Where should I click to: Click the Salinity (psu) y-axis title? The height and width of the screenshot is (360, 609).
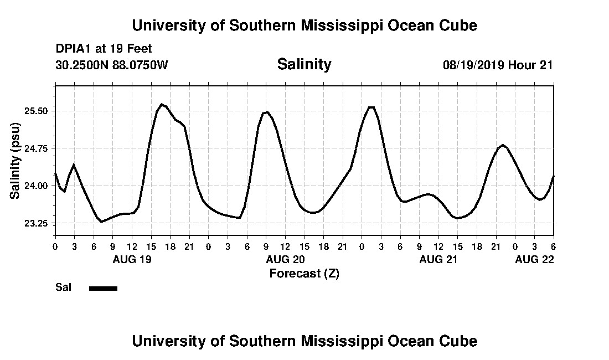[x=15, y=160]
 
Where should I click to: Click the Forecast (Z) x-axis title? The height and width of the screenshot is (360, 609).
[x=304, y=273]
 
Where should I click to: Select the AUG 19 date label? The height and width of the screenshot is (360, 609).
[x=132, y=259]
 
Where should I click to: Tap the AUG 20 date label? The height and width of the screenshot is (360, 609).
[x=285, y=259]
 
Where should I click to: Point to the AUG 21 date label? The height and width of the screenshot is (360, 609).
[x=438, y=259]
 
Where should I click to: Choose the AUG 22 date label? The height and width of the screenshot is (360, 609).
[x=534, y=259]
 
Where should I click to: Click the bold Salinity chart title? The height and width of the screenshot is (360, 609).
[x=304, y=64]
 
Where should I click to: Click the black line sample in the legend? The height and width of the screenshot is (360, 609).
[x=103, y=288]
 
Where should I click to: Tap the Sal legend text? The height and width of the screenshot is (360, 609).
[x=63, y=287]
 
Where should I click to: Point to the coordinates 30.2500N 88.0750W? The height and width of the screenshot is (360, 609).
[x=112, y=65]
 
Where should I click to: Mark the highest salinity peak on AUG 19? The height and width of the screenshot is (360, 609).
[x=161, y=104]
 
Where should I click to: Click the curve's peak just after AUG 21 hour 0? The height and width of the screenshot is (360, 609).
[x=371, y=107]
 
